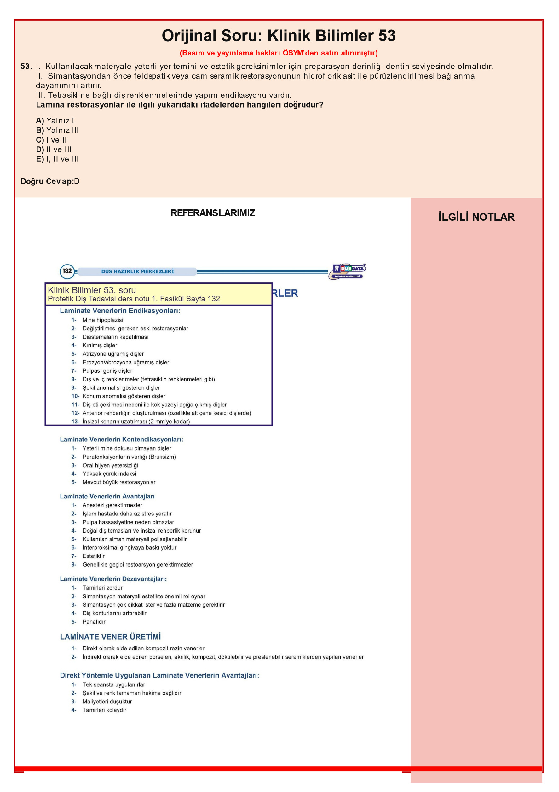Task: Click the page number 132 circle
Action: tap(67, 271)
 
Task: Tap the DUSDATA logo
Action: tap(347, 271)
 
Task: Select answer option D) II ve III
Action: tap(54, 149)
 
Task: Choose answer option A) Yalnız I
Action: tap(55, 120)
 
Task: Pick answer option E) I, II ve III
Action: tap(57, 159)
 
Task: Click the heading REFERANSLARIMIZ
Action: tap(213, 213)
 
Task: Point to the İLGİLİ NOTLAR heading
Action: tap(476, 217)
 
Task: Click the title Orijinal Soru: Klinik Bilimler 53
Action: tap(279, 36)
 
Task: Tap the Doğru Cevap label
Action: tap(47, 181)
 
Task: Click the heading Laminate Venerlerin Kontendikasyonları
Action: tap(121, 439)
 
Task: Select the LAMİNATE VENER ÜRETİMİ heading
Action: tap(110, 637)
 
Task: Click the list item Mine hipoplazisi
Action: tap(102, 320)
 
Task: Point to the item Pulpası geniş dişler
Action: tap(107, 370)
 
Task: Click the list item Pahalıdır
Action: tap(94, 622)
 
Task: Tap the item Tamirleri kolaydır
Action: tap(104, 710)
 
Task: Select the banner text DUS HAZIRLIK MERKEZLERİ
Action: tap(137, 271)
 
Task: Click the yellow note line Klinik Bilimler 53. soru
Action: tap(92, 290)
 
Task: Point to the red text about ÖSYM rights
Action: tap(279, 53)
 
